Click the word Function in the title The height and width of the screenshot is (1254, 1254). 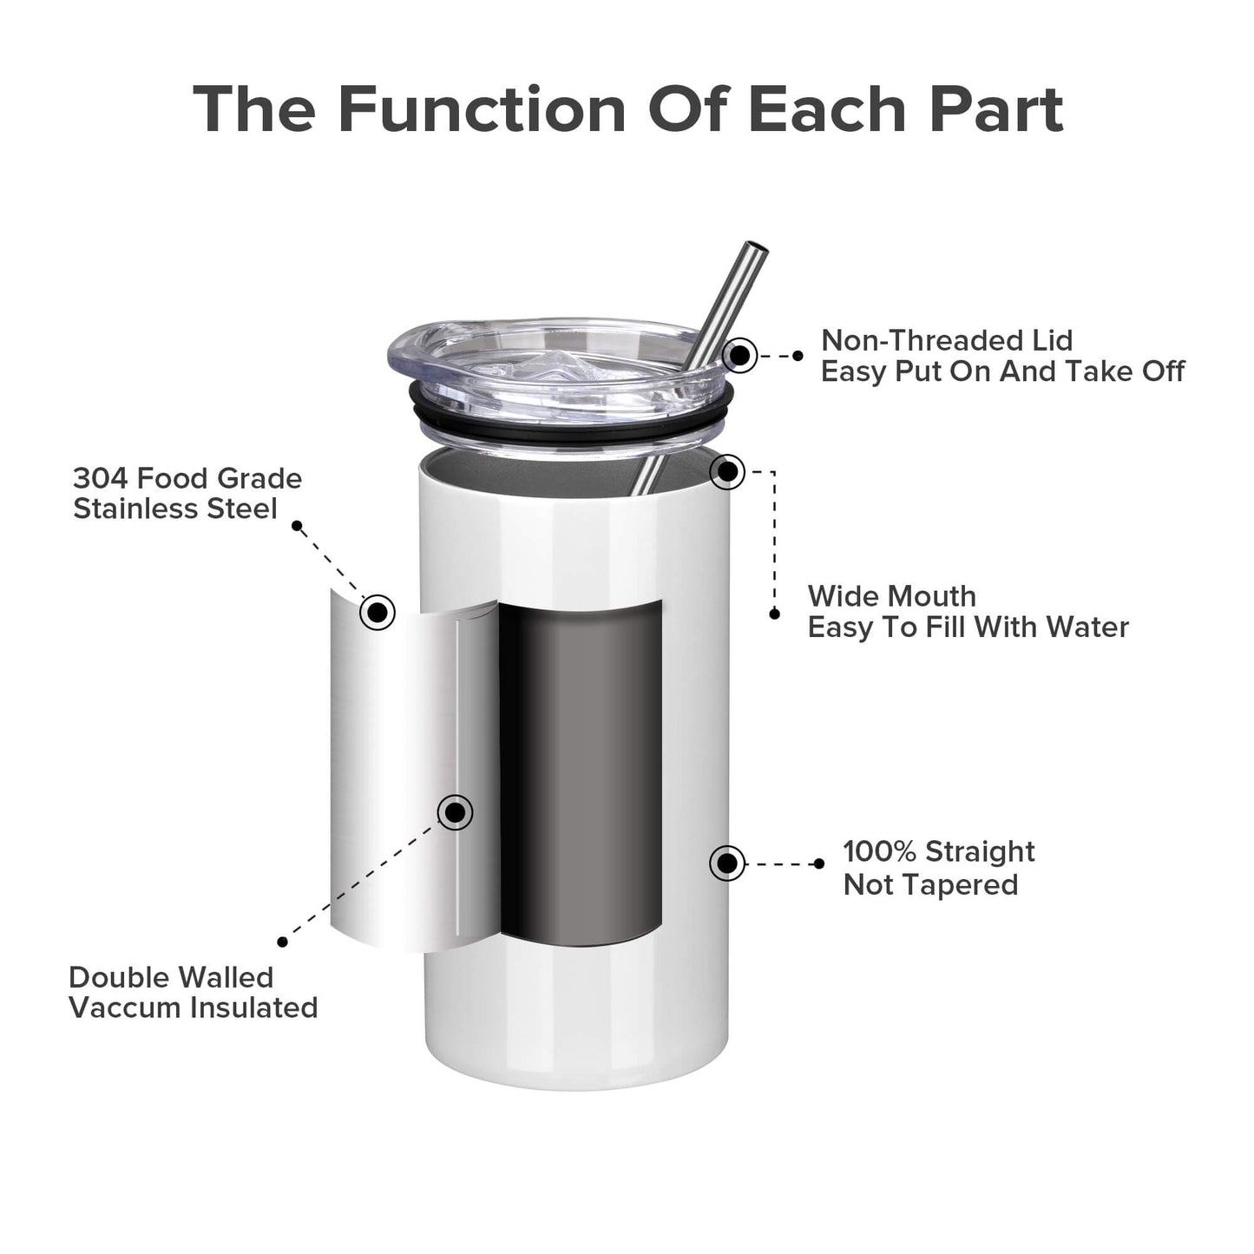point(481,109)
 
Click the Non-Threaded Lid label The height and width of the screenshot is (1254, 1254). point(946,340)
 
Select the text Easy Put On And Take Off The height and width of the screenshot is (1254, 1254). point(1002,371)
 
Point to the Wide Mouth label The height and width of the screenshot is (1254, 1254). point(891,596)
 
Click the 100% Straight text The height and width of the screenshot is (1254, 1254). point(938,851)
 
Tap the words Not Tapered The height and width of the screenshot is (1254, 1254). point(930,884)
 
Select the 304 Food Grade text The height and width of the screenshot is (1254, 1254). point(187,478)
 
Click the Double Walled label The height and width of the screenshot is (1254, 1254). point(171,977)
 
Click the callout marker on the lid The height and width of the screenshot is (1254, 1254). point(739,355)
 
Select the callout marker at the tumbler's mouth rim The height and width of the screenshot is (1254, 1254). point(727,472)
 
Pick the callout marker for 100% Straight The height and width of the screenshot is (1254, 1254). point(726,863)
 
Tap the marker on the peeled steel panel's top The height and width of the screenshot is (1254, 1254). point(378,612)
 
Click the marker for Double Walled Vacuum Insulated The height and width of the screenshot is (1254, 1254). point(455,812)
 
